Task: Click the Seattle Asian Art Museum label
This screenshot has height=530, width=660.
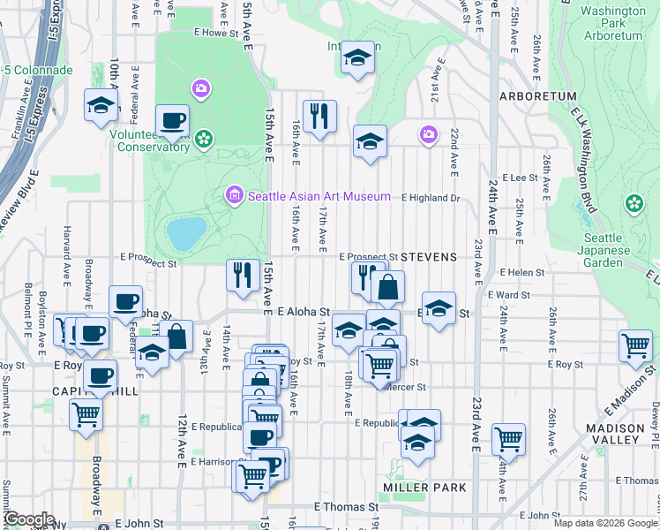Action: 319,196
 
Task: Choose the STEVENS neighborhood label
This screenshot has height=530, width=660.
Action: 429,257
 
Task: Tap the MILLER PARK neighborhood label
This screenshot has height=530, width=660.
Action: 418,487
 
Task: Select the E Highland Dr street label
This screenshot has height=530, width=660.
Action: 431,198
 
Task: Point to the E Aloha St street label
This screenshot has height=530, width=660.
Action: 303,312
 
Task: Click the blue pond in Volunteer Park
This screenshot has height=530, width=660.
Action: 185,233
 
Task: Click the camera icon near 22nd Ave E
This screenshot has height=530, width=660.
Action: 428,134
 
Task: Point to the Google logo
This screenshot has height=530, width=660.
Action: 29,519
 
